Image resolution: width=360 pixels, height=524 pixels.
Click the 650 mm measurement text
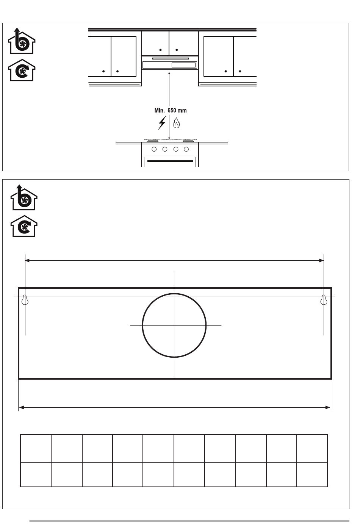click(177, 110)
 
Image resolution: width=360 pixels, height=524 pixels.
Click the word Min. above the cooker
click(160, 110)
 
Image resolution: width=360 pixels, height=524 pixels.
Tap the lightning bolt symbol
click(162, 123)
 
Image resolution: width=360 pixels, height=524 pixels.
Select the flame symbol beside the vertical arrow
click(176, 123)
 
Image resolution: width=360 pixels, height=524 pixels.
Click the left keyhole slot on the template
click(25, 300)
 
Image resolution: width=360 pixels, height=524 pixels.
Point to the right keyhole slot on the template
click(324, 300)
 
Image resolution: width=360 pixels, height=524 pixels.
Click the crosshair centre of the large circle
click(174, 325)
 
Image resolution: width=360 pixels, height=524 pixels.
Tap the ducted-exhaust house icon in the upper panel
click(21, 41)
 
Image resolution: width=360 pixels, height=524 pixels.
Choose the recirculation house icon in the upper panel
click(21, 70)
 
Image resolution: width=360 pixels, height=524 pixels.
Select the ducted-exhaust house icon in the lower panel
click(24, 197)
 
